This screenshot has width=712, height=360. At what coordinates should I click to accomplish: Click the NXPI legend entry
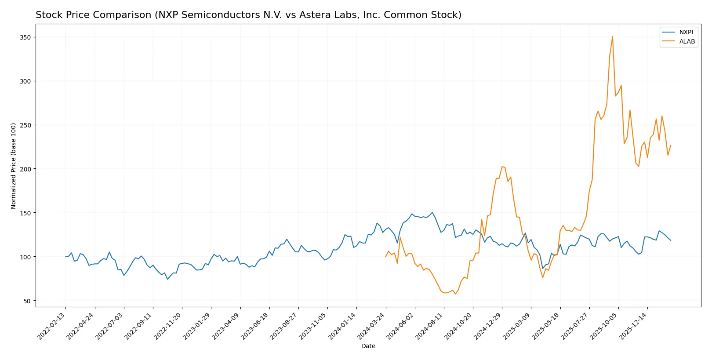(x=686, y=32)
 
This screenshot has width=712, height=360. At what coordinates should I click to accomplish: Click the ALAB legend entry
(x=687, y=41)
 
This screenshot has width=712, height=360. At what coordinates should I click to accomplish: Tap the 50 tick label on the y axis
(x=27, y=301)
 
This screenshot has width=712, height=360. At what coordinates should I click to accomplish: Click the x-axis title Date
(x=368, y=346)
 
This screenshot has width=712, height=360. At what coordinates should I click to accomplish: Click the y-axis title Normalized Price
(x=13, y=166)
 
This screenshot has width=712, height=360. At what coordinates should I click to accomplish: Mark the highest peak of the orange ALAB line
(x=612, y=36)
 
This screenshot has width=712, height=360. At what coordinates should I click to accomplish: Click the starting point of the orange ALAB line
(x=386, y=256)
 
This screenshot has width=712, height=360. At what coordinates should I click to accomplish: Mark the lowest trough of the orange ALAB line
(x=455, y=294)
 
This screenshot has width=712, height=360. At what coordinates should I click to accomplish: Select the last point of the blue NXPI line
(x=671, y=240)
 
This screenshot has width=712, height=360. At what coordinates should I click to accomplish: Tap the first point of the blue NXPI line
(x=65, y=256)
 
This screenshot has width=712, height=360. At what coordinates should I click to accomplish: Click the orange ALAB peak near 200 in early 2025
(x=502, y=167)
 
